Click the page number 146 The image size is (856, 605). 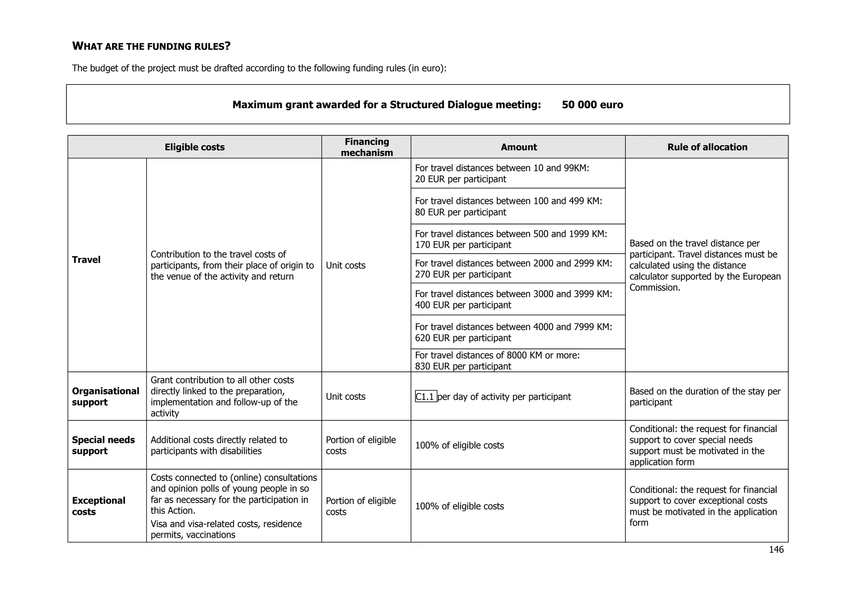pyautogui.click(x=776, y=549)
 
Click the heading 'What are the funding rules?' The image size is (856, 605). pyautogui.click(x=151, y=46)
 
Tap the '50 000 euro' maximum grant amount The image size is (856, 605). pyautogui.click(x=592, y=104)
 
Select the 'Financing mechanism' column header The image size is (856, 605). pyautogui.click(x=367, y=147)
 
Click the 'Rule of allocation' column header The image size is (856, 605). pyautogui.click(x=707, y=147)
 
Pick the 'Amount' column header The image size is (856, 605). pyautogui.click(x=518, y=147)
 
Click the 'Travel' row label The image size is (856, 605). pyautogui.click(x=86, y=260)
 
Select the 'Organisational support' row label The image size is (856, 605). pyautogui.click(x=105, y=397)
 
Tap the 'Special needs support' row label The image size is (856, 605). pyautogui.click(x=103, y=445)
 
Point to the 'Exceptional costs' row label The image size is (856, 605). pyautogui.click(x=98, y=506)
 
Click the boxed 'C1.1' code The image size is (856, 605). pyautogui.click(x=425, y=397)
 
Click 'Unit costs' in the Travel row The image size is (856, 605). pyautogui.click(x=345, y=265)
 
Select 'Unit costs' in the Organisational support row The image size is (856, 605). pyautogui.click(x=345, y=397)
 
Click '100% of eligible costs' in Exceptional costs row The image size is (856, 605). pyautogui.click(x=459, y=506)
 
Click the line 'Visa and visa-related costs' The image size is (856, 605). pyautogui.click(x=226, y=524)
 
